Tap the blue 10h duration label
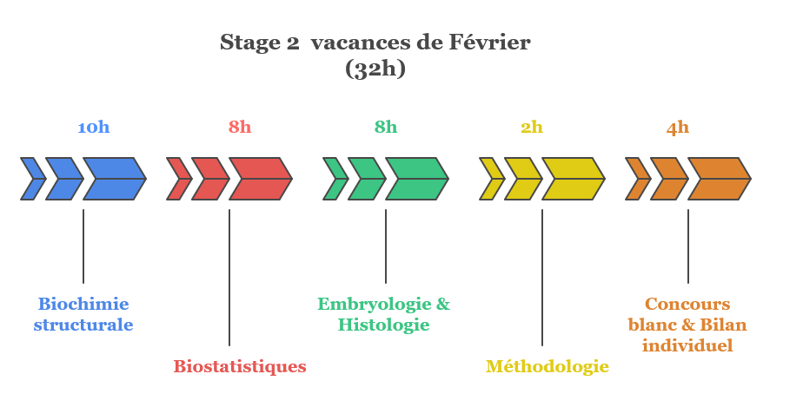click(94, 128)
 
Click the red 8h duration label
click(240, 128)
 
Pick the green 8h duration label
click(386, 128)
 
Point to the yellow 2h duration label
click(532, 128)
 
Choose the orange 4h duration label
click(678, 128)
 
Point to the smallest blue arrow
click(32, 179)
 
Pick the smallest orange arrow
click(637, 179)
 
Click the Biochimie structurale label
click(83, 315)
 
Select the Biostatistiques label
click(240, 366)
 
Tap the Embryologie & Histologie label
click(384, 315)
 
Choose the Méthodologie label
click(547, 366)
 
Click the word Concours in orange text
click(687, 305)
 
